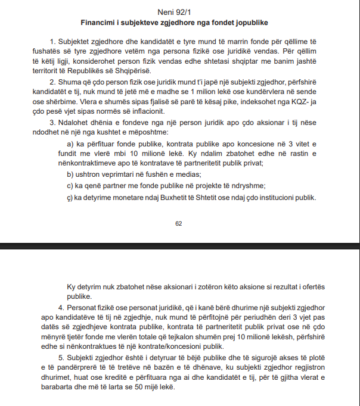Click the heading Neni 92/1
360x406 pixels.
point(179,12)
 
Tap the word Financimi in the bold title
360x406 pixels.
point(100,23)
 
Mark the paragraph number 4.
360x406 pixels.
point(61,308)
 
